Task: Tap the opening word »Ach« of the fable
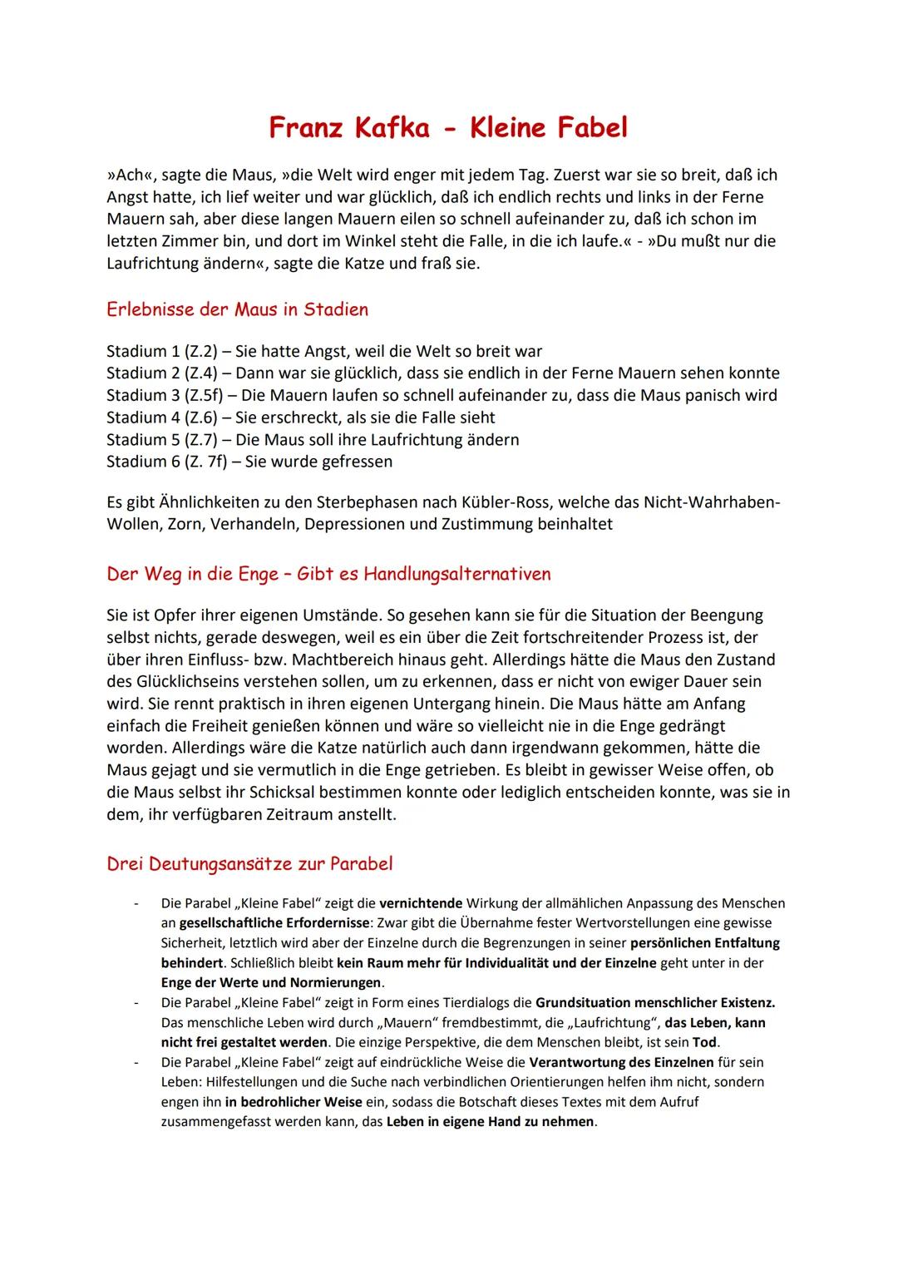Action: point(127,175)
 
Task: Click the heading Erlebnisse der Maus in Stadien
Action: point(237,309)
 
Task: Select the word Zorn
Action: point(185,524)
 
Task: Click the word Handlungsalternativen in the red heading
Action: point(457,574)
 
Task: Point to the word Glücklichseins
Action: point(195,682)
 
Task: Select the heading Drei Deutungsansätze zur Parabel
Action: point(249,863)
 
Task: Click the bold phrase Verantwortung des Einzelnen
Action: point(621,1062)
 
